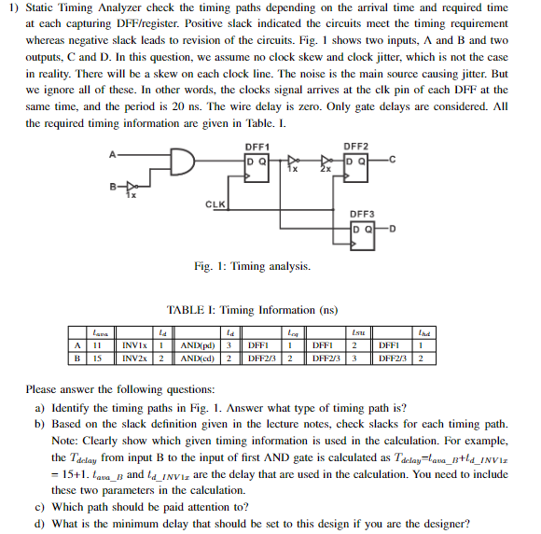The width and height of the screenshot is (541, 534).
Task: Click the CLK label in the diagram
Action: coord(215,203)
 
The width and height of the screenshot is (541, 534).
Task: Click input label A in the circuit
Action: coord(114,153)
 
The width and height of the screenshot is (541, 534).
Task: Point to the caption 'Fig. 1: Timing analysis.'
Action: coord(252,267)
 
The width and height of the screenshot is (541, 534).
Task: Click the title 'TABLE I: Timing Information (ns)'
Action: coord(251,310)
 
